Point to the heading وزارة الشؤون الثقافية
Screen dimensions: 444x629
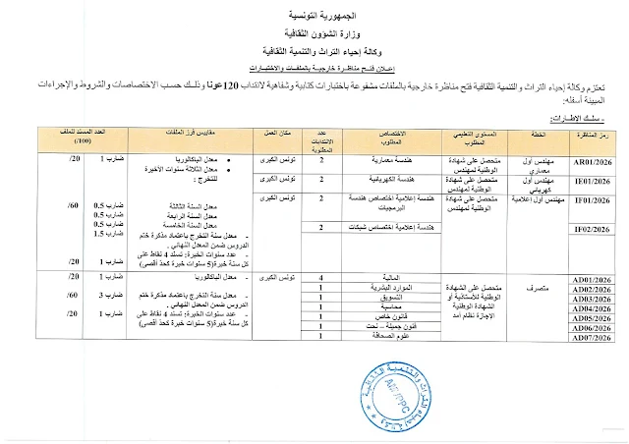314,32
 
